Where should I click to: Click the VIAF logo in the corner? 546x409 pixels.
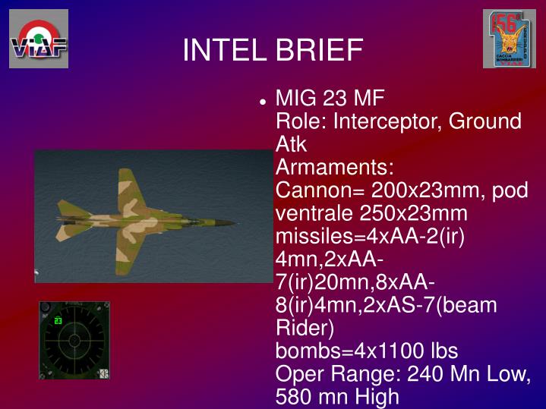coord(39,39)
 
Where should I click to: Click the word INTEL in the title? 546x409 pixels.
coord(223,50)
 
